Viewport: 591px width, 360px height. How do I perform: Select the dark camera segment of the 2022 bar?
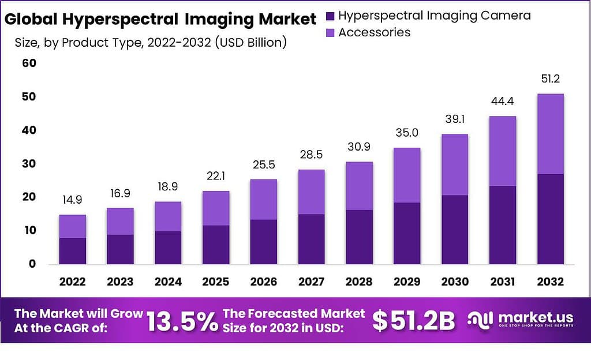73,250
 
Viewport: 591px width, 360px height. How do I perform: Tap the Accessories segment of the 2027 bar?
312,192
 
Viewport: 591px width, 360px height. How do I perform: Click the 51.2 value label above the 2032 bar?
550,78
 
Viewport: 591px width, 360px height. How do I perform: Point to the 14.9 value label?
73,200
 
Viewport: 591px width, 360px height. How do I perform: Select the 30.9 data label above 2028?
360,147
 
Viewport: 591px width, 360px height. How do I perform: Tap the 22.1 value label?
216,176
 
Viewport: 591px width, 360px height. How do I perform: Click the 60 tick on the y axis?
29,63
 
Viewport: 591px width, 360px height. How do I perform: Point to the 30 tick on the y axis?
29,164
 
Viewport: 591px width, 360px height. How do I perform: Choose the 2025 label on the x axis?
216,282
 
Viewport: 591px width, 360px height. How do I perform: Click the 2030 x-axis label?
455,282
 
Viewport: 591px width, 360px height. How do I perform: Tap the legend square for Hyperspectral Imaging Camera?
330,16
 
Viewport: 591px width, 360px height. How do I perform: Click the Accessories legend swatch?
330,32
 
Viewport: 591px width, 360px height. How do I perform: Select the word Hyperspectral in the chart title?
119,19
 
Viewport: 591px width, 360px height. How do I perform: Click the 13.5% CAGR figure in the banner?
182,321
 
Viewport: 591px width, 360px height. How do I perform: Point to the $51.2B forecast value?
413,321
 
